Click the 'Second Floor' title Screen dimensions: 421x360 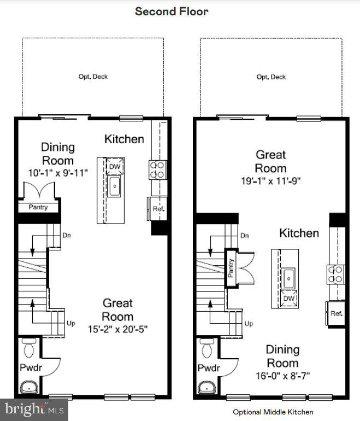[172, 11]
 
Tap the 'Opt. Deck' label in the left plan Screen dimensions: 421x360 [93, 77]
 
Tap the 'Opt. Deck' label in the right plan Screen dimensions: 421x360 [271, 77]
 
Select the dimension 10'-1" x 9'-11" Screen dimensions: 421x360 [58, 173]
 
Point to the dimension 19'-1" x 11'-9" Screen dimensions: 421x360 [270, 180]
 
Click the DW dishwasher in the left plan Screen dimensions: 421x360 [115, 167]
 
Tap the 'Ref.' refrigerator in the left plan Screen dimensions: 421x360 [158, 209]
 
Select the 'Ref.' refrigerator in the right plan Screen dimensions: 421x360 [337, 313]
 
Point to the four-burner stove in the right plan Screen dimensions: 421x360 [335, 274]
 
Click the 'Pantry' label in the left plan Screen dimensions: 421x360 [38, 207]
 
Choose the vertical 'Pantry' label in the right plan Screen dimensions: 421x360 [231, 267]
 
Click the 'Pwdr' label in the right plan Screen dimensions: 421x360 [209, 368]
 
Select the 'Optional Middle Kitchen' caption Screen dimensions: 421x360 [273, 412]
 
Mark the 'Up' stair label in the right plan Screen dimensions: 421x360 [249, 324]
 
